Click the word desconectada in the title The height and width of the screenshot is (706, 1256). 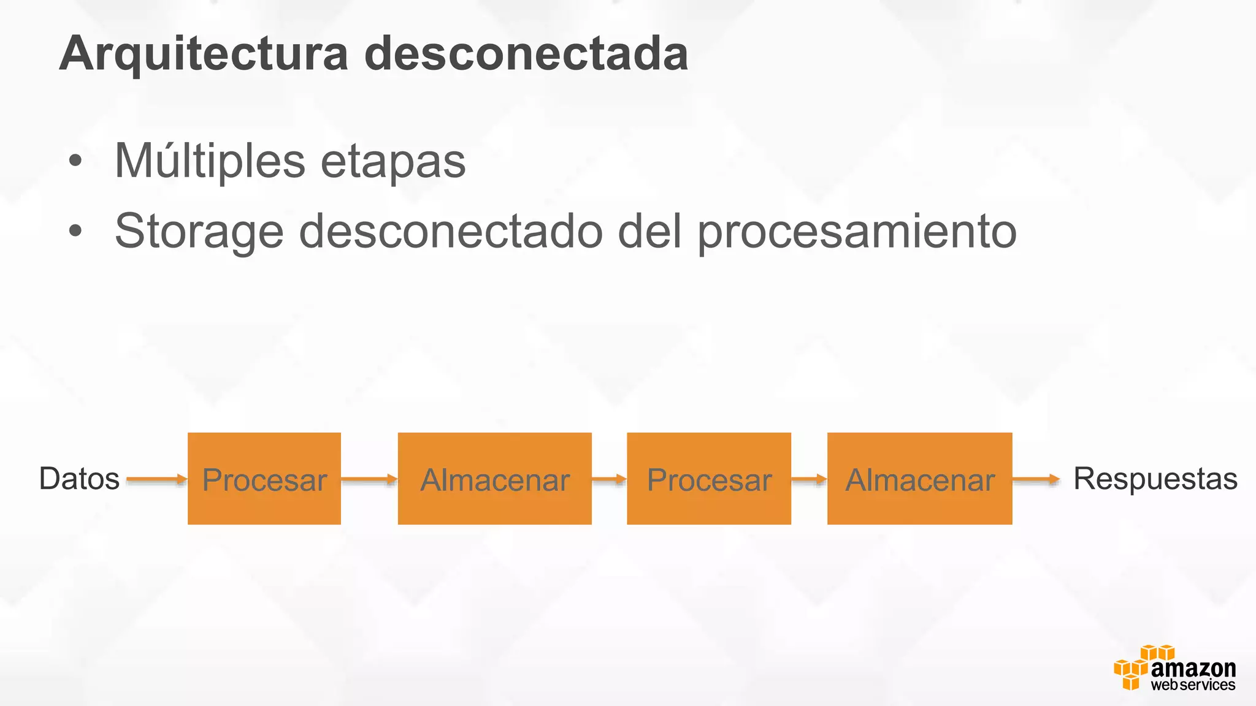click(526, 54)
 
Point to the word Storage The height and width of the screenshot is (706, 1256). click(199, 232)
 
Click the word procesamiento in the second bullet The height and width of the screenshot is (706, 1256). click(857, 232)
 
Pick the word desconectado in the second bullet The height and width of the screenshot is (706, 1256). click(451, 232)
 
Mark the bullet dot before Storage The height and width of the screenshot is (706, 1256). click(75, 232)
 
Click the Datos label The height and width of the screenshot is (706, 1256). click(79, 479)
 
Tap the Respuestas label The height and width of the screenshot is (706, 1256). click(1155, 479)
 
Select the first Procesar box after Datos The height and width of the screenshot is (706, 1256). click(264, 479)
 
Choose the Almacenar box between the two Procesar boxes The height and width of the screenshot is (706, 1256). click(494, 479)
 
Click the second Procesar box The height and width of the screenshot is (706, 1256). click(709, 479)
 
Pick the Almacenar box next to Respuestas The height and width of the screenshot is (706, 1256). click(919, 479)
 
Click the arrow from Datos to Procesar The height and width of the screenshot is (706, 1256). click(156, 479)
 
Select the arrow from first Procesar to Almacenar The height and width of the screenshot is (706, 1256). click(369, 479)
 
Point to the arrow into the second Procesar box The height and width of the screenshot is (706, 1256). click(609, 479)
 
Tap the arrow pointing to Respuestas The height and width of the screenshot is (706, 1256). click(1036, 479)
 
